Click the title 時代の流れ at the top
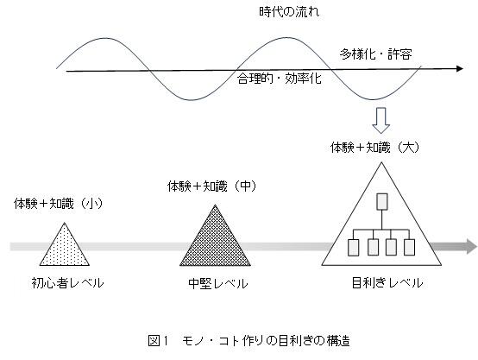click(x=289, y=12)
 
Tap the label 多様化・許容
click(x=376, y=54)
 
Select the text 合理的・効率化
click(x=280, y=79)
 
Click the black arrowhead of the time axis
click(x=459, y=69)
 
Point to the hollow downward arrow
click(x=381, y=120)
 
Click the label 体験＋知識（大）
click(x=375, y=148)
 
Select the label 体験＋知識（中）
click(x=212, y=186)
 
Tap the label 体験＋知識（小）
click(x=58, y=204)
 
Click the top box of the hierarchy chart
click(x=382, y=202)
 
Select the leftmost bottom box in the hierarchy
click(x=353, y=248)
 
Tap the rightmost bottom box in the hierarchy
click(x=409, y=247)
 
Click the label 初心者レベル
click(x=67, y=283)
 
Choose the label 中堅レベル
click(x=218, y=284)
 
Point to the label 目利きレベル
click(x=387, y=283)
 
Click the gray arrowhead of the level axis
click(x=471, y=246)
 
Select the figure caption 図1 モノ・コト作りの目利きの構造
click(x=248, y=341)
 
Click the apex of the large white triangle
click(x=381, y=162)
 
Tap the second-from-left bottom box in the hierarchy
click(x=374, y=248)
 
